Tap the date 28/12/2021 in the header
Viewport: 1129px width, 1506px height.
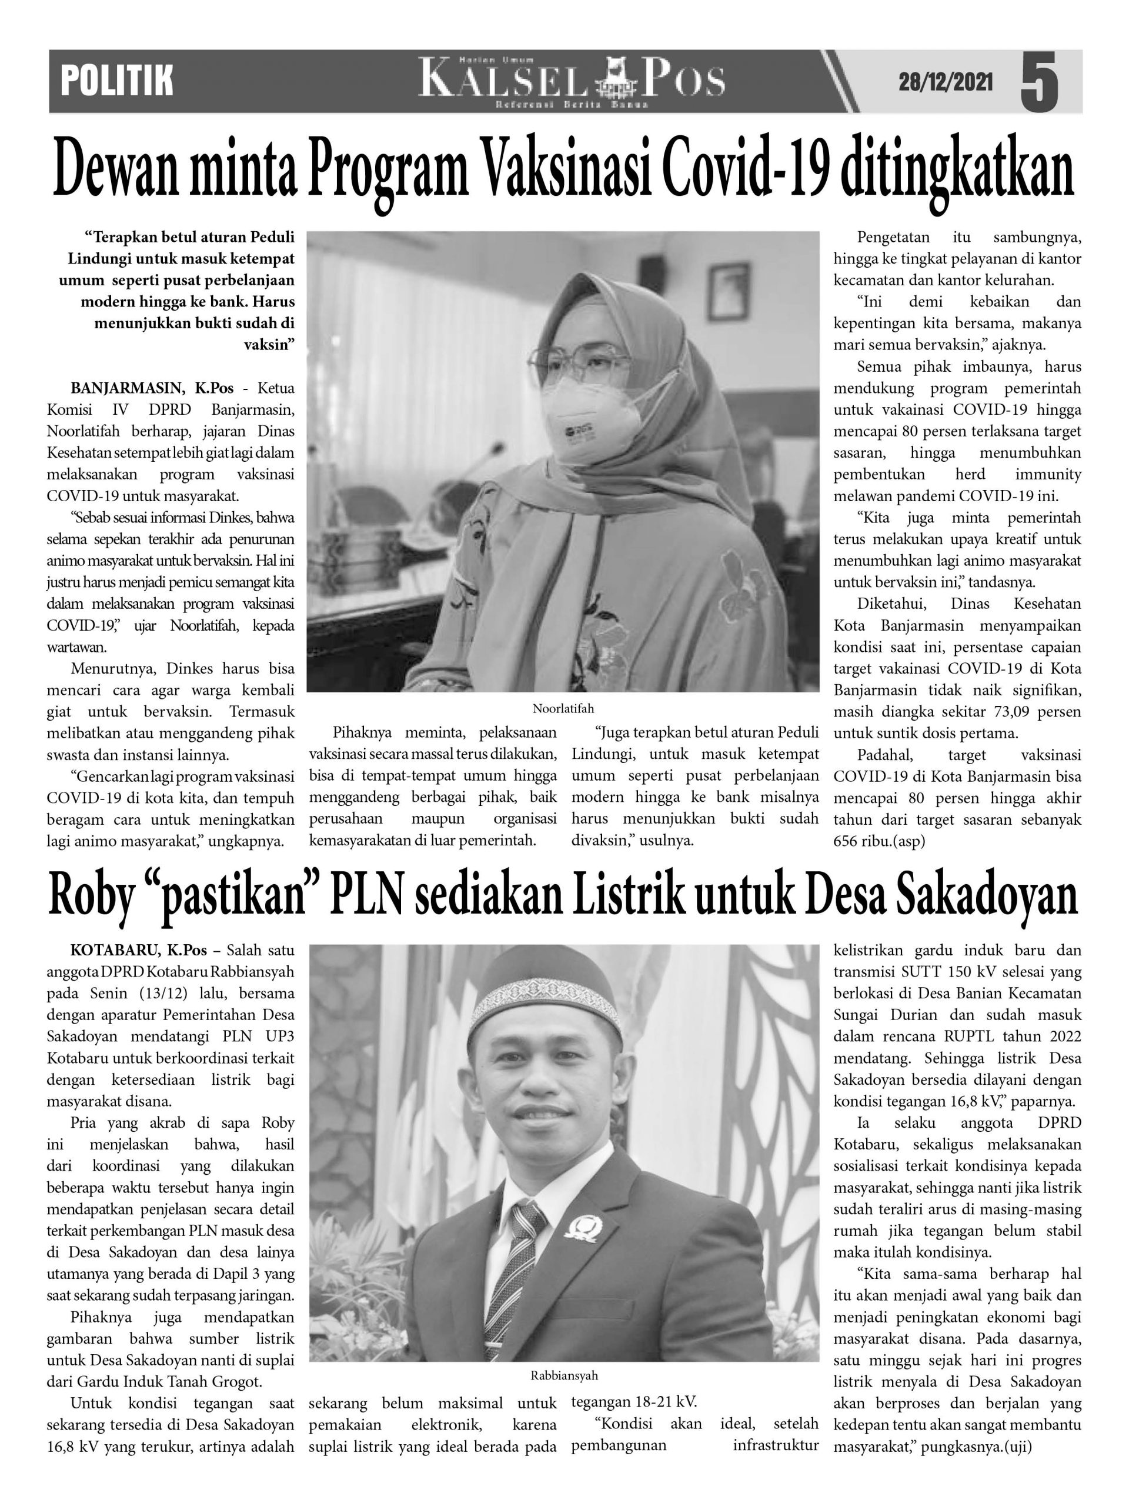click(946, 82)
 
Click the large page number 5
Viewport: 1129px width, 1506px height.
click(1040, 82)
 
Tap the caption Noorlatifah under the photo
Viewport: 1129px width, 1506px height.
click(563, 708)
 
